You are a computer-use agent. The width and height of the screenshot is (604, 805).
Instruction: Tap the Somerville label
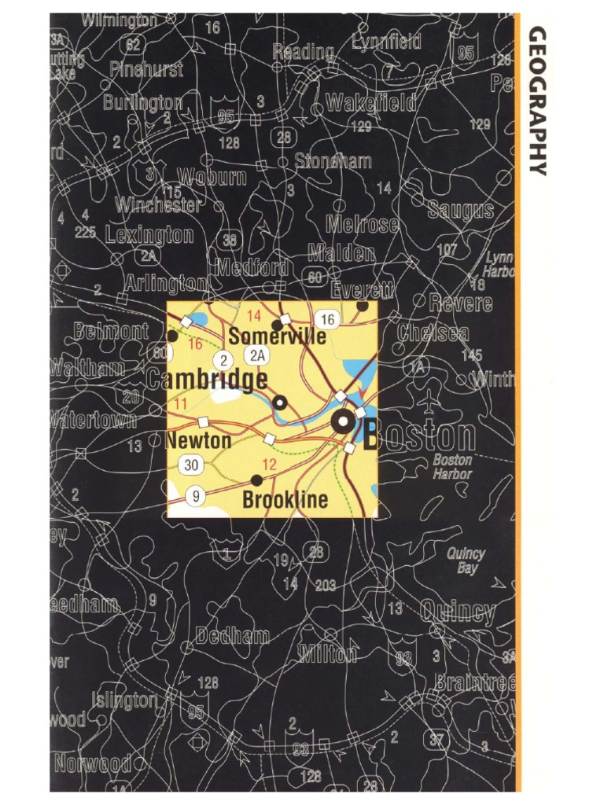coord(277,336)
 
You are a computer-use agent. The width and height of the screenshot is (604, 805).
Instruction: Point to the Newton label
coord(199,440)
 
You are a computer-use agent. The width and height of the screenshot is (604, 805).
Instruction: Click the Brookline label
coord(285,500)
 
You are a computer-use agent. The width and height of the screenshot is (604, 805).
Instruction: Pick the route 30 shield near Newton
coord(192,465)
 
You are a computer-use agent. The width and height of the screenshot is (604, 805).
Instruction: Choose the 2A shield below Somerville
coord(256,355)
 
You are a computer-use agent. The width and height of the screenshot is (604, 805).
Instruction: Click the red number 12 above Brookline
coord(269,465)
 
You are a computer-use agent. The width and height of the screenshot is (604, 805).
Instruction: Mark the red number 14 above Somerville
coord(254,316)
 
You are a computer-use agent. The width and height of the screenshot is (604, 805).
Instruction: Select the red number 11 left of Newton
coord(181,404)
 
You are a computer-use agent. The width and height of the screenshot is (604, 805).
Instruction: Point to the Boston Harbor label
coord(452,467)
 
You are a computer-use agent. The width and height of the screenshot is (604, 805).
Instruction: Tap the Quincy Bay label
coord(466,560)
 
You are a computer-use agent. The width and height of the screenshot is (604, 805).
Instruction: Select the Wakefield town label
coord(370,102)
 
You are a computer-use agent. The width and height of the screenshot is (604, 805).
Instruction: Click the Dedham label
coord(233,636)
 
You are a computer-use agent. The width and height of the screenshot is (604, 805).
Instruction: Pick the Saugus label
coord(461,210)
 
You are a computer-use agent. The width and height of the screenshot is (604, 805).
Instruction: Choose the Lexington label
coord(149,234)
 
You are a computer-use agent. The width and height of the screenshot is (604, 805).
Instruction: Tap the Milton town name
coord(328,653)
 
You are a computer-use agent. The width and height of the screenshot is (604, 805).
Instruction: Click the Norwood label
coord(93,763)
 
